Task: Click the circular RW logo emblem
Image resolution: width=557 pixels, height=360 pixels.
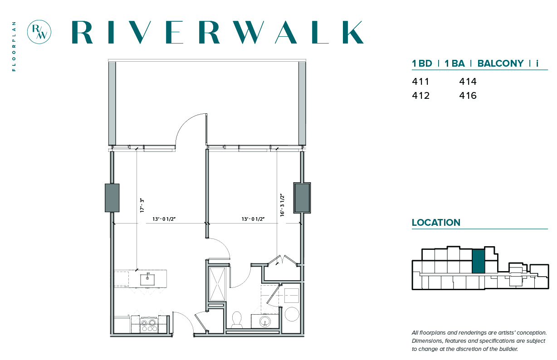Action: pyautogui.click(x=39, y=32)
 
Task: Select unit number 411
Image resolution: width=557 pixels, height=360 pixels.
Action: pyautogui.click(x=420, y=82)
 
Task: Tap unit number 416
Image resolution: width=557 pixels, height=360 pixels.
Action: pyautogui.click(x=468, y=96)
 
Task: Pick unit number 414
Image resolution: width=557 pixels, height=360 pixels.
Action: pyautogui.click(x=468, y=82)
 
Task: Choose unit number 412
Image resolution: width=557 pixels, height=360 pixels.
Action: pyautogui.click(x=421, y=96)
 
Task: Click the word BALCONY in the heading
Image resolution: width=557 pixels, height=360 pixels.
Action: pyautogui.click(x=500, y=63)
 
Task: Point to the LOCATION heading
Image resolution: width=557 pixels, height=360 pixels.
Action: pyautogui.click(x=436, y=223)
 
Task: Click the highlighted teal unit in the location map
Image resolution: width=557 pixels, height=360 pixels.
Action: pyautogui.click(x=479, y=261)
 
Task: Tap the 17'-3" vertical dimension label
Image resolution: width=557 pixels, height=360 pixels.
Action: pyautogui.click(x=142, y=205)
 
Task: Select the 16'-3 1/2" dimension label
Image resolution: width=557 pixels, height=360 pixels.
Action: pyautogui.click(x=282, y=205)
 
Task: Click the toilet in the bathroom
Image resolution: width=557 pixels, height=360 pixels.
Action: pyautogui.click(x=237, y=320)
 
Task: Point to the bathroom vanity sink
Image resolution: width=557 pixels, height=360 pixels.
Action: pyautogui.click(x=265, y=322)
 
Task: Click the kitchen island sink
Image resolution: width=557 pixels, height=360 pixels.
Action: pyautogui.click(x=147, y=279)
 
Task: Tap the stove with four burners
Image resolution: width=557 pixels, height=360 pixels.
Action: pyautogui.click(x=149, y=325)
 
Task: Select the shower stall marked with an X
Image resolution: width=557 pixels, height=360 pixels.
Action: pyautogui.click(x=217, y=284)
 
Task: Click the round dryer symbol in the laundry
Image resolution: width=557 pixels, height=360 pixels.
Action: pyautogui.click(x=292, y=314)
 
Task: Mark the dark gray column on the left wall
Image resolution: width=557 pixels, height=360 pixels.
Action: pyautogui.click(x=112, y=198)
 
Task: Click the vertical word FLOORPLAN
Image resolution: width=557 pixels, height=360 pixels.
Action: pyautogui.click(x=14, y=46)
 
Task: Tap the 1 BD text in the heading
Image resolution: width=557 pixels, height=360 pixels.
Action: pyautogui.click(x=422, y=63)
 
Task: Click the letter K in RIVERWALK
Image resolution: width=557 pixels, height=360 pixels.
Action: pyautogui.click(x=353, y=32)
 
